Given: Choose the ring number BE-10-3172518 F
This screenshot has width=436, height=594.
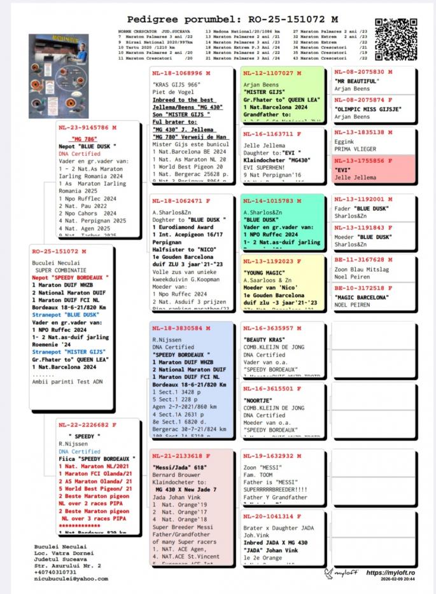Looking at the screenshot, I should (x=360, y=287).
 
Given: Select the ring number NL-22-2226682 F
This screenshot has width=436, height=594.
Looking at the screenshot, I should (x=88, y=425).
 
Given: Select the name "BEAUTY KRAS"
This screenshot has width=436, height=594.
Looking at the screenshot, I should (x=264, y=340).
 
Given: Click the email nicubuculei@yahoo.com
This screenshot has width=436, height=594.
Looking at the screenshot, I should (x=71, y=579).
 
